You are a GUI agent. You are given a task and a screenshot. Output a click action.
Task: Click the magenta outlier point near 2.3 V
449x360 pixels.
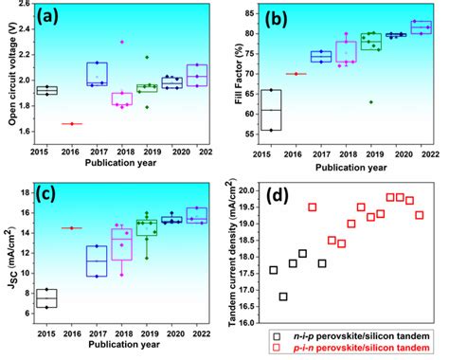coord(121,42)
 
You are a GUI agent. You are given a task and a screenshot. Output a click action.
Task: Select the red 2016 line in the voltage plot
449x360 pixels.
coord(71,124)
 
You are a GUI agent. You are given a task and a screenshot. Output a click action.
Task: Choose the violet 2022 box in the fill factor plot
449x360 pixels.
coord(420,27)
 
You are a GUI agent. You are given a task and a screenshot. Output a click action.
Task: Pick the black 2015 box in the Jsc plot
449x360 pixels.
coord(45,298)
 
